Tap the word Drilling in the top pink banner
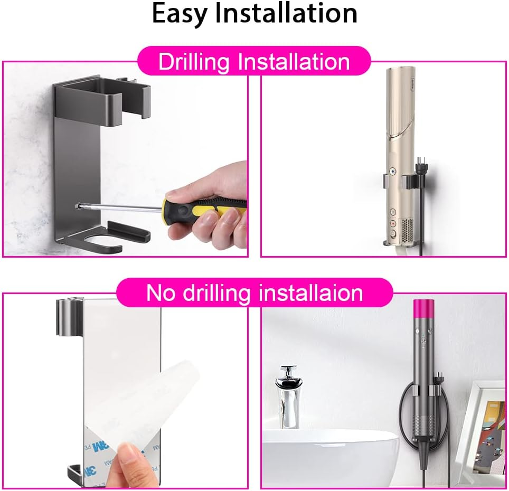(x=193, y=62)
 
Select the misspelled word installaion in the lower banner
(x=303, y=292)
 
